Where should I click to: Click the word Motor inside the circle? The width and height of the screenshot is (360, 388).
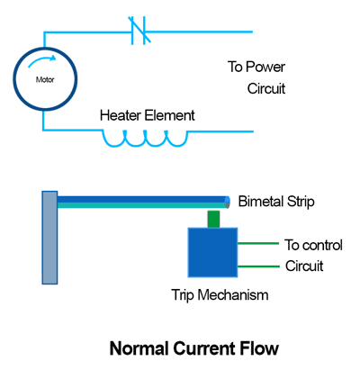(x=45, y=80)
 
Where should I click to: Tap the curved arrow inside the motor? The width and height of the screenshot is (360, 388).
(x=42, y=60)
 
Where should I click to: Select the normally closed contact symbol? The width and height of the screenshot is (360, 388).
(x=139, y=31)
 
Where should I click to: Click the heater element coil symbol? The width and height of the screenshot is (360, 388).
(x=145, y=139)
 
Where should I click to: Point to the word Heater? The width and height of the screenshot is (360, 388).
(x=120, y=115)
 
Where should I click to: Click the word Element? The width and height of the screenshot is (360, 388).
(x=169, y=115)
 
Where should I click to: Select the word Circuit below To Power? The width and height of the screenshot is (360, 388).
(x=266, y=88)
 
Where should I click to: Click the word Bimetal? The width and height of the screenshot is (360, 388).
(x=261, y=202)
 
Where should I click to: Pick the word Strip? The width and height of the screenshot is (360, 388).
(x=301, y=202)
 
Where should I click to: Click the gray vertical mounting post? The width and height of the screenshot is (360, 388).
(x=49, y=238)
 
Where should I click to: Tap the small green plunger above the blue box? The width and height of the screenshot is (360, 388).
(x=213, y=219)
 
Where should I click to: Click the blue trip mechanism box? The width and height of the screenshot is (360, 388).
(x=212, y=252)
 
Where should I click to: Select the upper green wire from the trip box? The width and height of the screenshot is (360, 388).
(x=258, y=243)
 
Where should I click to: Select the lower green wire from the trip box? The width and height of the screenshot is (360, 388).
(x=258, y=266)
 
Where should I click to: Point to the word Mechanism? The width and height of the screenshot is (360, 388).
(x=233, y=295)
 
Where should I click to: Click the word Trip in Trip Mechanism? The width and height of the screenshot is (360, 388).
(x=183, y=295)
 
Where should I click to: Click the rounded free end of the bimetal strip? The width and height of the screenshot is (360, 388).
(x=228, y=202)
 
